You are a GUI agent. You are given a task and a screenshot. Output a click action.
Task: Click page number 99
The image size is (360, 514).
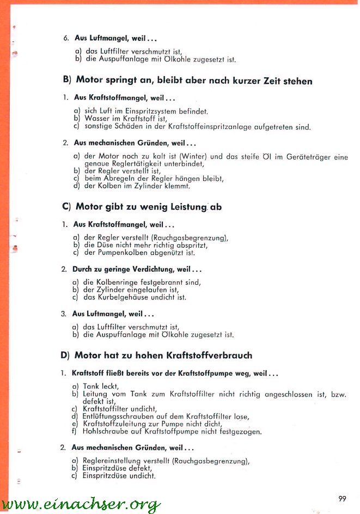coord(341,499)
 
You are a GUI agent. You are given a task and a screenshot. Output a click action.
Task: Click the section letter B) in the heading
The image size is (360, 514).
coord(68,81)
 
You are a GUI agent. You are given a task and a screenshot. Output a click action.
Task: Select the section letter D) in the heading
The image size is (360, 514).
coord(65,356)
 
